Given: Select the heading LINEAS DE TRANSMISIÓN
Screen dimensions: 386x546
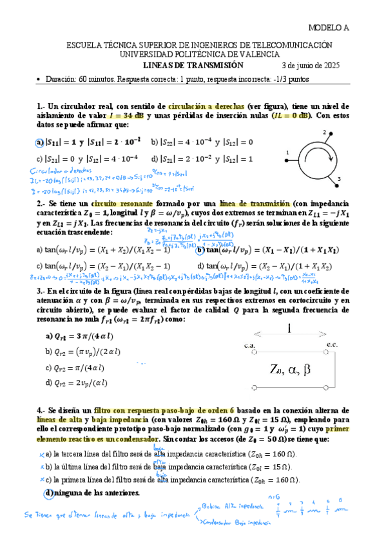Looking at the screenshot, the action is [x=193, y=65].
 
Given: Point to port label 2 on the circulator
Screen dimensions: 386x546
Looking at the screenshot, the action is [x=324, y=132].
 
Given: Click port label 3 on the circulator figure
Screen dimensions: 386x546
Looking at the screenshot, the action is [x=338, y=178].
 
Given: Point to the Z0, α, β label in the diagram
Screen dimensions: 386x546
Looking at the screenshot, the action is [x=295, y=368].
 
